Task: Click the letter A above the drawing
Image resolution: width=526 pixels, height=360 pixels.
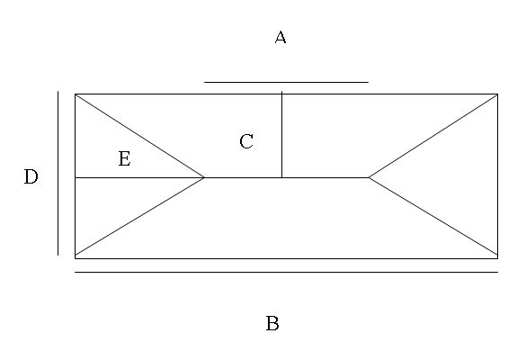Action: tap(281, 37)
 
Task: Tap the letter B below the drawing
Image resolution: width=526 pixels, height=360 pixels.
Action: tap(272, 323)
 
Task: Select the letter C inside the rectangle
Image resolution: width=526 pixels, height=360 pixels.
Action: tap(246, 141)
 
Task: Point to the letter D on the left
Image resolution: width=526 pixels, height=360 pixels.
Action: tap(31, 176)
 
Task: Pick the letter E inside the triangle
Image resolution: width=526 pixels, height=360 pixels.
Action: tap(124, 158)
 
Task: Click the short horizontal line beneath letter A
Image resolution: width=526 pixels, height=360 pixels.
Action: tap(286, 82)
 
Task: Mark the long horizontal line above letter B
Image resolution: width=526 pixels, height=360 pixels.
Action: tap(286, 272)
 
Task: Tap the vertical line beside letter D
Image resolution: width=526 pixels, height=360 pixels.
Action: tap(58, 173)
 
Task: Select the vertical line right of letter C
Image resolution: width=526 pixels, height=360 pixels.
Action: tap(281, 134)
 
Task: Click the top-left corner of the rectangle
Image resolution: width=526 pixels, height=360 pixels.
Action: tap(75, 94)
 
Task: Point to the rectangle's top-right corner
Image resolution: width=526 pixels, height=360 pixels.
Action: tap(498, 94)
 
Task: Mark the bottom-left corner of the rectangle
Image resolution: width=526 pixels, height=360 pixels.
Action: tap(75, 258)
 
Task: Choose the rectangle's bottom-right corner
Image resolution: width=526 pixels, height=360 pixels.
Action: tap(498, 258)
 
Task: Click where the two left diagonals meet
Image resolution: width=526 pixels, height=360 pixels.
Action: tap(204, 177)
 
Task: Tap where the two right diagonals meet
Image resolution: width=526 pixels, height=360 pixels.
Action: tap(369, 177)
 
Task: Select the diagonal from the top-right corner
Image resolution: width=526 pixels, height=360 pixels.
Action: tap(433, 136)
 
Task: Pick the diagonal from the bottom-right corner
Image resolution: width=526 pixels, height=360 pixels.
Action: tap(433, 217)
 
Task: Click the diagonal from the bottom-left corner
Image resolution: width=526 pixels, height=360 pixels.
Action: tap(139, 217)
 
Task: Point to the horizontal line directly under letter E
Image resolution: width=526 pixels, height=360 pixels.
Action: tap(139, 177)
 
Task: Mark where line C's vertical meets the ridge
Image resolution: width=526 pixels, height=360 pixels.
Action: tap(281, 177)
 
